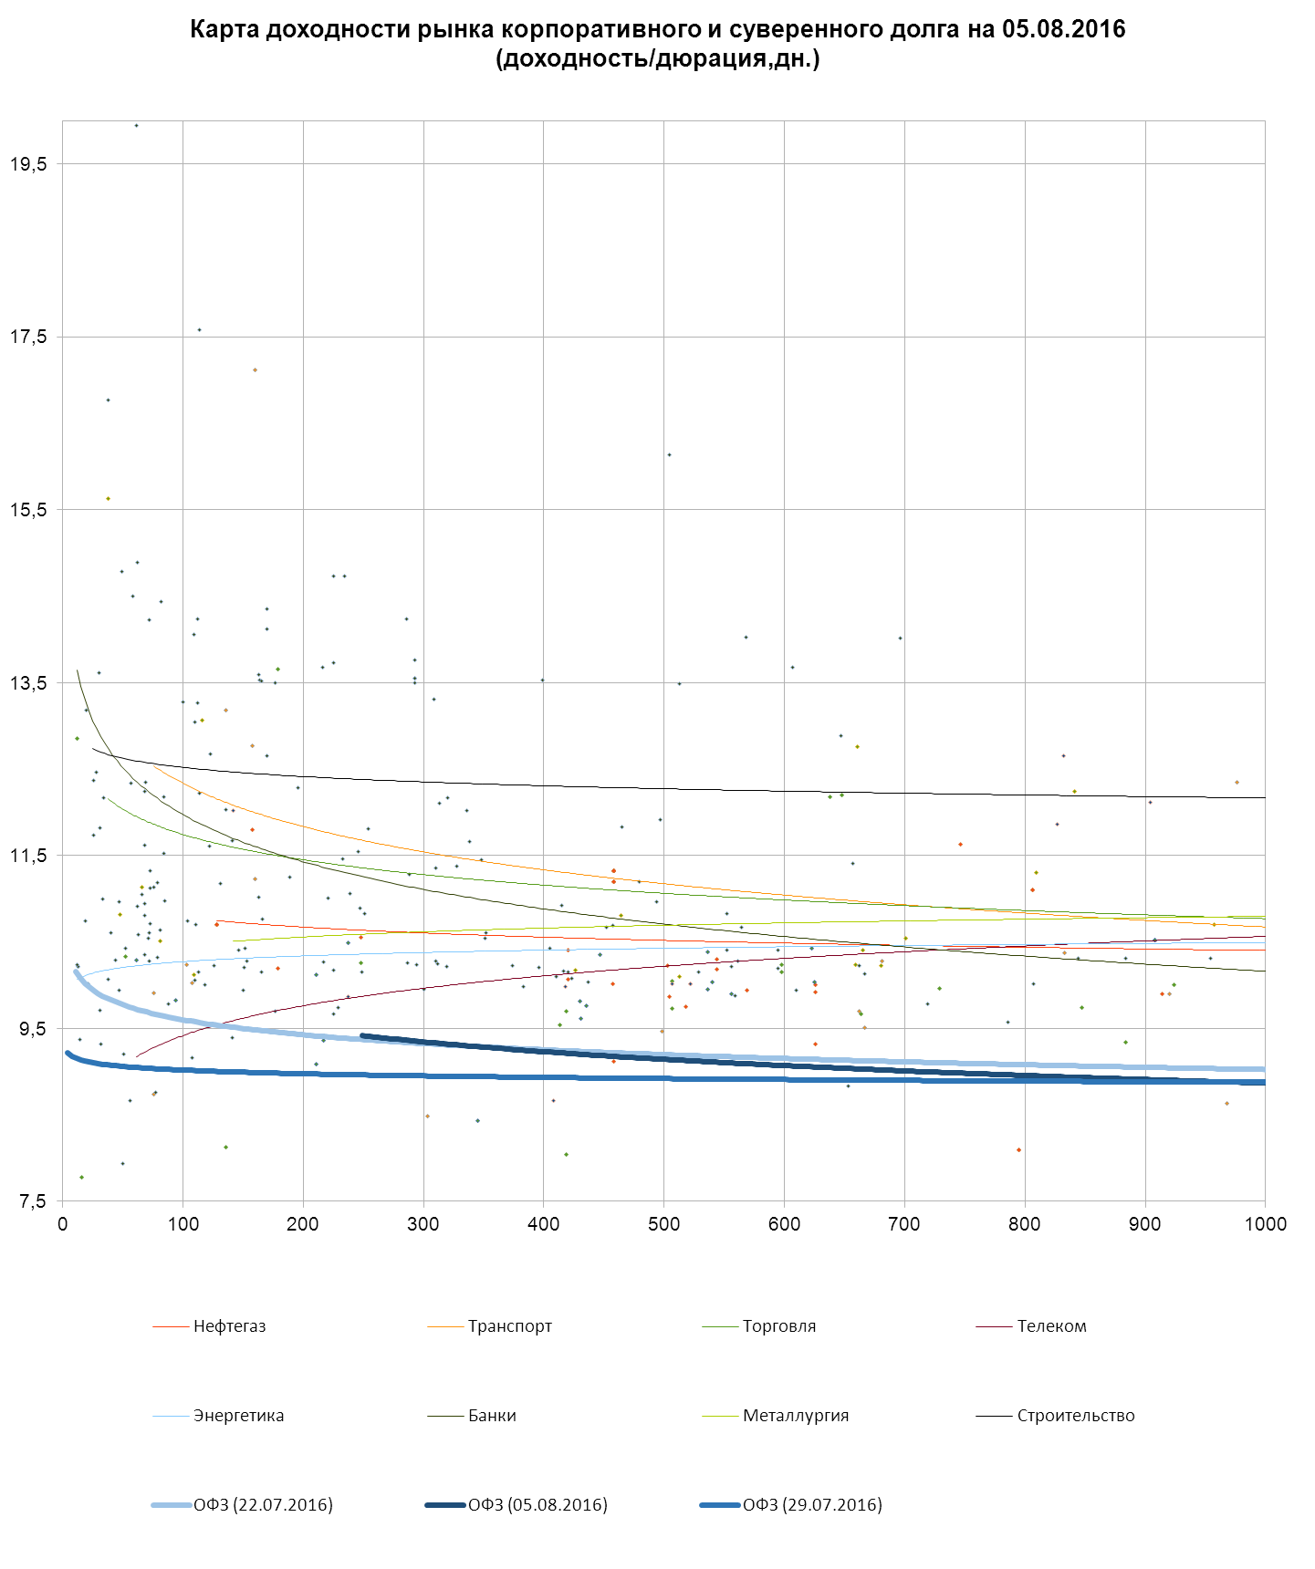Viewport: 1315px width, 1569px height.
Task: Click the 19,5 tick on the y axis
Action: coord(28,164)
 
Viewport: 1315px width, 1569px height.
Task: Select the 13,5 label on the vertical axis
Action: coord(28,683)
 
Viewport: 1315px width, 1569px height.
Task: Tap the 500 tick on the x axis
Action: coord(663,1224)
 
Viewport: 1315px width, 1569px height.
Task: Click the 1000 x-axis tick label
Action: coord(1265,1224)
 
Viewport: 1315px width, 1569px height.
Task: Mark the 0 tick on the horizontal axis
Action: coord(62,1224)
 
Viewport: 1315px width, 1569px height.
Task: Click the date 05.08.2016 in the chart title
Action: coord(1063,29)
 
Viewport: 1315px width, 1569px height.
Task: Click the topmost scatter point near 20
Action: coord(137,125)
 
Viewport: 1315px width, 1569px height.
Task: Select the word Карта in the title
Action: coord(220,29)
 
